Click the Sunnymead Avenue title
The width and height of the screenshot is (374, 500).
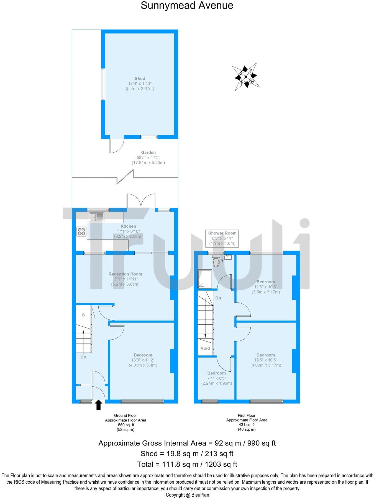point(187,6)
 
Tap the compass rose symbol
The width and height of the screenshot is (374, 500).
point(246,77)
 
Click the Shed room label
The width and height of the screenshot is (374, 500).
point(140,79)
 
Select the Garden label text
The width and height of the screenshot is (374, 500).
point(148,152)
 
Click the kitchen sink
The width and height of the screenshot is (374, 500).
point(96,217)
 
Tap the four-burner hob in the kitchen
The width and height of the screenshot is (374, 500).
point(81,231)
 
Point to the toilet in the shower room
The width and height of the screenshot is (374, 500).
point(216,261)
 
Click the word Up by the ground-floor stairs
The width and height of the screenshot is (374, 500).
point(83,357)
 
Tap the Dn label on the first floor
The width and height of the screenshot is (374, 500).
point(218,298)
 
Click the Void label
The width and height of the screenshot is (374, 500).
point(205,348)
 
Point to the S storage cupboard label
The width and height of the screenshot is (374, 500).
point(83,315)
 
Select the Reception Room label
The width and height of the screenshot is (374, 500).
point(125,274)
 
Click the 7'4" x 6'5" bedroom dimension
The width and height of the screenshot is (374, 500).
point(217,378)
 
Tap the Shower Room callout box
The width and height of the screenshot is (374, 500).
point(222,238)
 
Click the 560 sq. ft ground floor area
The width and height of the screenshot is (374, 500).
point(125,425)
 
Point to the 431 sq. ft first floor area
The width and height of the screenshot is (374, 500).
point(247,425)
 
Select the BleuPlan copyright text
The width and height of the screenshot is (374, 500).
point(187,495)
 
